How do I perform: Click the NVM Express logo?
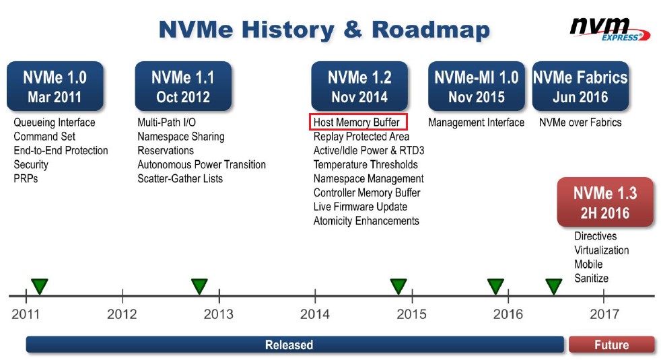(x=610, y=30)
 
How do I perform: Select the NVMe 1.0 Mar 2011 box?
(x=55, y=87)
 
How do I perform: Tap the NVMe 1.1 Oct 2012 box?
(x=183, y=87)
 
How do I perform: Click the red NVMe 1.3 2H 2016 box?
(x=605, y=203)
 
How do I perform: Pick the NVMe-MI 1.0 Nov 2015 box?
(x=477, y=87)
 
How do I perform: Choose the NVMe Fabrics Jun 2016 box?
(x=580, y=87)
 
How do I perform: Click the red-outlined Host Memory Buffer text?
(x=358, y=122)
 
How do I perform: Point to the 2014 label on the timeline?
(x=315, y=314)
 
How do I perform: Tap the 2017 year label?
(x=604, y=314)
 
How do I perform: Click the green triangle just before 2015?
(x=398, y=286)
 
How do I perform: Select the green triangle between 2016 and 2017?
(x=553, y=286)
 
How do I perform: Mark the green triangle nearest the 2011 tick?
(x=39, y=286)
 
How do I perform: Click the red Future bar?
(x=612, y=345)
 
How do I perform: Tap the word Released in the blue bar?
(x=289, y=345)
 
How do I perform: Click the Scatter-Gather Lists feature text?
(x=180, y=179)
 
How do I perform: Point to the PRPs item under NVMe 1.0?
(x=26, y=179)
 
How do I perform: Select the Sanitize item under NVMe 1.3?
(x=592, y=278)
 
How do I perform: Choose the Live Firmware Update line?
(x=360, y=207)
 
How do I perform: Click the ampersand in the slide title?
(x=353, y=30)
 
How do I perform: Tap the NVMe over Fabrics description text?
(x=580, y=122)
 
